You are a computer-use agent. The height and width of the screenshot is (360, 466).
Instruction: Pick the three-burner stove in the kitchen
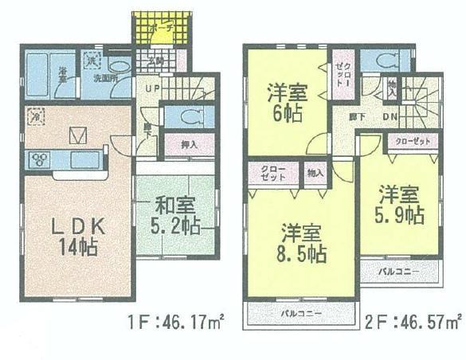click(x=39, y=159)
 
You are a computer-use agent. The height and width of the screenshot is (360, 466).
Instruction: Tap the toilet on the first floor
click(x=188, y=117)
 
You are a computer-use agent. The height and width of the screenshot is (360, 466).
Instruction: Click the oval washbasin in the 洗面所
click(x=119, y=68)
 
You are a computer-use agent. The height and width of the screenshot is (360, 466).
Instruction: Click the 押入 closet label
click(x=189, y=145)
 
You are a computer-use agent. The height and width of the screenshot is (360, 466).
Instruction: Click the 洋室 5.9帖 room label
click(x=400, y=204)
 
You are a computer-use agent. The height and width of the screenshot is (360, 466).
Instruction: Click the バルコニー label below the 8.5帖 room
click(x=301, y=313)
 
